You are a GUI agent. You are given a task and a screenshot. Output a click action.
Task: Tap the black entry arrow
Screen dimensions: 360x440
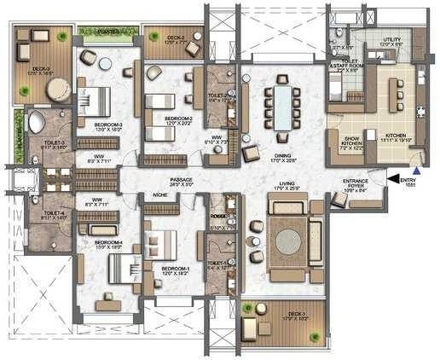pos(394,179)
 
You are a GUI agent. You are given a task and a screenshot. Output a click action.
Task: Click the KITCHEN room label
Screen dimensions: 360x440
pos(395,134)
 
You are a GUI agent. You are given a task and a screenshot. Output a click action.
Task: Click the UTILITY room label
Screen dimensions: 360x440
pos(391,39)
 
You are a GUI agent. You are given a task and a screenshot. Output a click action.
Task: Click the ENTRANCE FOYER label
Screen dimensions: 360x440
pos(356,184)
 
